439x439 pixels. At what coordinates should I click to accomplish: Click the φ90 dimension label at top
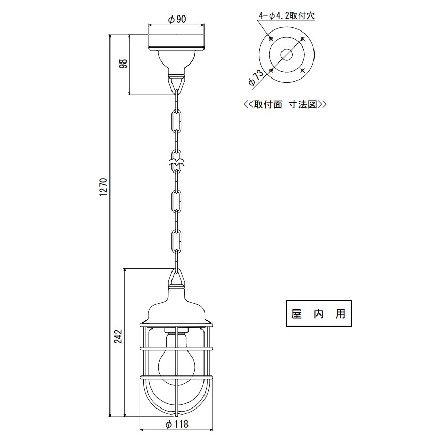177,19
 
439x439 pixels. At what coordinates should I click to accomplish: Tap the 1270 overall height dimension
103,187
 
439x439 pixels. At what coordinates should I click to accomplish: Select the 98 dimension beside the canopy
123,64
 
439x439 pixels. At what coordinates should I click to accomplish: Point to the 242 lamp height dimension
118,337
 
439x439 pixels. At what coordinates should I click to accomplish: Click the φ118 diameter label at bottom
177,424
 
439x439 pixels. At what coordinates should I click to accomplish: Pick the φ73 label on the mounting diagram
256,77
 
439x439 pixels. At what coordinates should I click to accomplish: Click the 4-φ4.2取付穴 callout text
287,15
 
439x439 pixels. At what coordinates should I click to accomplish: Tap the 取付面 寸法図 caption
285,104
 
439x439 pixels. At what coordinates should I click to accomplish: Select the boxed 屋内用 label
319,313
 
